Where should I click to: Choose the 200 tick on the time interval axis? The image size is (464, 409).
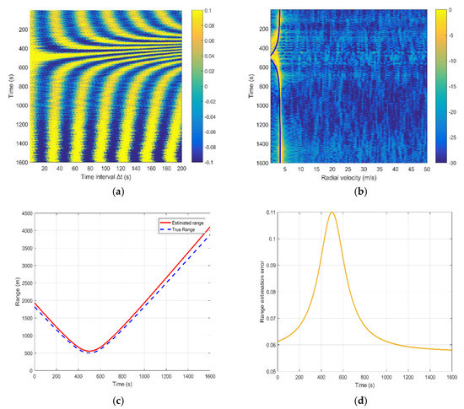point(180,170)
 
